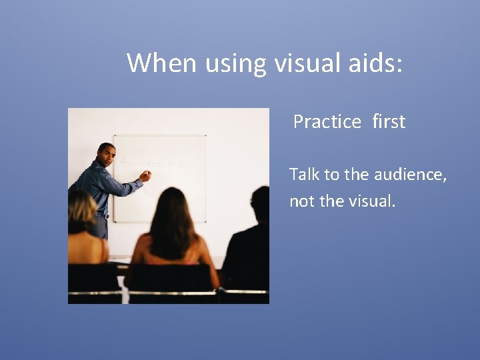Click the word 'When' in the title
[x=161, y=63]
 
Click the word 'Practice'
[x=327, y=122]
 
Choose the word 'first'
[x=389, y=122]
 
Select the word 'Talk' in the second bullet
[x=305, y=175]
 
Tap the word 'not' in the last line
[x=302, y=201]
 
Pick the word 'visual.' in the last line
[x=371, y=201]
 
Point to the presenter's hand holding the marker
[x=145, y=175]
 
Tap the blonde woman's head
[x=81, y=209]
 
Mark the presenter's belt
[x=101, y=215]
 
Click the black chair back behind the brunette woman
[x=170, y=278]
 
